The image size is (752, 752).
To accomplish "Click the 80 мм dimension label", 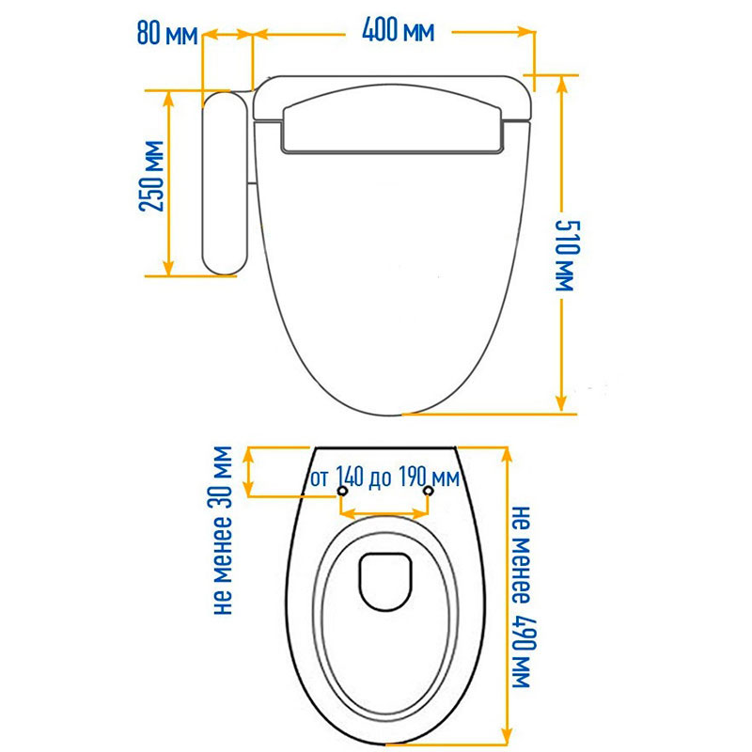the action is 167,33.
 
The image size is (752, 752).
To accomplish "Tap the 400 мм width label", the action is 398,30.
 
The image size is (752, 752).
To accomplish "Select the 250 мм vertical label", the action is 151,176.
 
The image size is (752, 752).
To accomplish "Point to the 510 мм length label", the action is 568,256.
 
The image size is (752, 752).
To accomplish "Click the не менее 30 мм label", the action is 223,530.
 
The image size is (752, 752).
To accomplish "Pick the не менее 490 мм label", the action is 522,597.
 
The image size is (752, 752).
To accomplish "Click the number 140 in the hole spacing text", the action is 350,478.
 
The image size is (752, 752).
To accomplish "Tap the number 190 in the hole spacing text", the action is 414,478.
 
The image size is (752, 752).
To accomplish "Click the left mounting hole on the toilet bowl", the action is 342,491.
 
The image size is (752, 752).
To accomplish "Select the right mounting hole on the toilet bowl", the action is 429,491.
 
